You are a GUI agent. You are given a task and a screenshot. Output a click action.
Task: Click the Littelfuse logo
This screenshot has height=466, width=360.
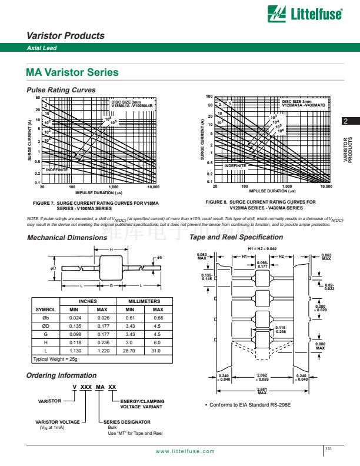point(305,12)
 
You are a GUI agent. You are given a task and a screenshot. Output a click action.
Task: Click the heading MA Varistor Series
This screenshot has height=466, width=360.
point(72,72)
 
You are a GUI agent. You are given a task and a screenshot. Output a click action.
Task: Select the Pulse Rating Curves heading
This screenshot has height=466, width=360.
point(61,89)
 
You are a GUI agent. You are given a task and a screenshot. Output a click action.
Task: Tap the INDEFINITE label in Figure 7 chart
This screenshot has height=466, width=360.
point(57,169)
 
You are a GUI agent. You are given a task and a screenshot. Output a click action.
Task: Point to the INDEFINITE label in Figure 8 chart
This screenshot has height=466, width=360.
point(236,166)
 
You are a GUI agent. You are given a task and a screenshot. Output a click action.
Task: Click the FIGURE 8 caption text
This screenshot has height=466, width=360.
point(261,205)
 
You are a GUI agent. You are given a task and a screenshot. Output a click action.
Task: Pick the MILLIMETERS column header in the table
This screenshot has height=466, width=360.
point(141,301)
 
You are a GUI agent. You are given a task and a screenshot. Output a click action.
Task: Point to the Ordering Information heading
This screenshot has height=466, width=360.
point(62,375)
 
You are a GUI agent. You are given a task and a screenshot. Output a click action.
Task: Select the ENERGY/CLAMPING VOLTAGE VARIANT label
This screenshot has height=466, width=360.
point(142,404)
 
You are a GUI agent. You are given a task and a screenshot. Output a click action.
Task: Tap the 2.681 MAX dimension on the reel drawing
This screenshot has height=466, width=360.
point(262,391)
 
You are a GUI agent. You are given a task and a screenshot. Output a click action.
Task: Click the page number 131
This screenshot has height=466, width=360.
point(328,449)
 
